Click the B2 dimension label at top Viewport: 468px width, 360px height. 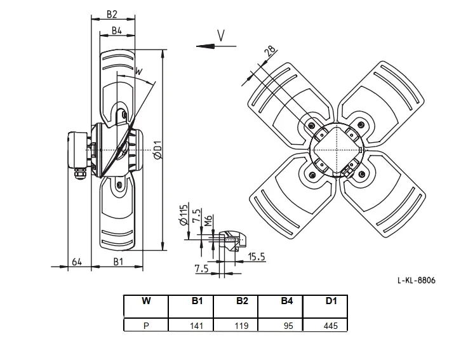pyautogui.click(x=112, y=14)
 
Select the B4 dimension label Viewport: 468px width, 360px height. pyautogui.click(x=117, y=30)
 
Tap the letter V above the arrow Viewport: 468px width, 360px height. pyautogui.click(x=221, y=36)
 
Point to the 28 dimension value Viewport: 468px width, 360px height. pyautogui.click(x=271, y=51)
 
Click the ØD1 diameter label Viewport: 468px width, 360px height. pyautogui.click(x=157, y=150)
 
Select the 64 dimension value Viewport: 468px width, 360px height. pyautogui.click(x=77, y=262)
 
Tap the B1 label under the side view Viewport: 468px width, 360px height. pyautogui.click(x=118, y=262)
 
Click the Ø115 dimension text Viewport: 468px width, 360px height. pyautogui.click(x=183, y=215)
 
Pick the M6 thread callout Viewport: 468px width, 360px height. pyautogui.click(x=209, y=221)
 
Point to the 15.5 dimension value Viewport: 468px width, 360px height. pyautogui.click(x=257, y=257)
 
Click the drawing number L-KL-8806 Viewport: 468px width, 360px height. pyautogui.click(x=417, y=280)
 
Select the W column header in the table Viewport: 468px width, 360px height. pyautogui.click(x=146, y=301)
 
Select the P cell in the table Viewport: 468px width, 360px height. pyautogui.click(x=146, y=325)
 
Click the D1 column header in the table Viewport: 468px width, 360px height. pyautogui.click(x=331, y=301)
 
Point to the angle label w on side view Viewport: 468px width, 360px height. pyautogui.click(x=139, y=71)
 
